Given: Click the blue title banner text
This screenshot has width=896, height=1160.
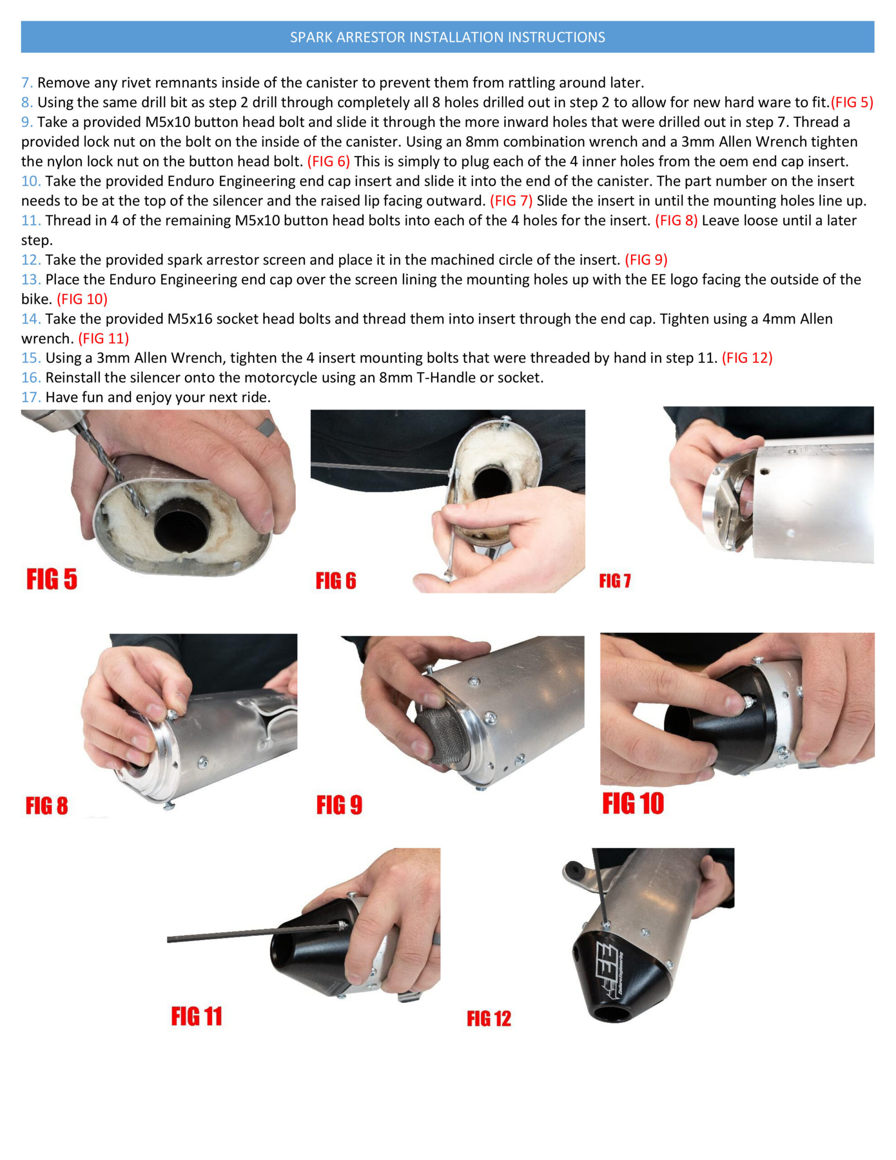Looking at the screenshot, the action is [447, 37].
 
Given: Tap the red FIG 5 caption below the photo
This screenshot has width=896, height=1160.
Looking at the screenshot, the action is [52, 579].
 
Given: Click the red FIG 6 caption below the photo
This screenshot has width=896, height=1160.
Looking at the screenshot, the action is [336, 580].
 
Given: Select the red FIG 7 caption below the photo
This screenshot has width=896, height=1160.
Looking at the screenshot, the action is [615, 580].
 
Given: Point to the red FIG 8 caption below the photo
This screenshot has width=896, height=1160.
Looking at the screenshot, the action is [47, 806].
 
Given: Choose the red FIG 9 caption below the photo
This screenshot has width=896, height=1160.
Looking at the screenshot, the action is [339, 805].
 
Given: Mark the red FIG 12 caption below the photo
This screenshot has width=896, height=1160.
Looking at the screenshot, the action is [489, 1018].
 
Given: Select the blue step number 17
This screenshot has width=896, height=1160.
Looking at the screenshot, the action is [31, 397].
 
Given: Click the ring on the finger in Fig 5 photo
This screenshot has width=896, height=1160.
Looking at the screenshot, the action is [267, 426].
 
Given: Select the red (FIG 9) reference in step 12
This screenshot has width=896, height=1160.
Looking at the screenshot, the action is [646, 260].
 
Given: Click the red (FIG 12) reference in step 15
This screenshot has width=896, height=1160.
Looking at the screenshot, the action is [747, 358].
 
